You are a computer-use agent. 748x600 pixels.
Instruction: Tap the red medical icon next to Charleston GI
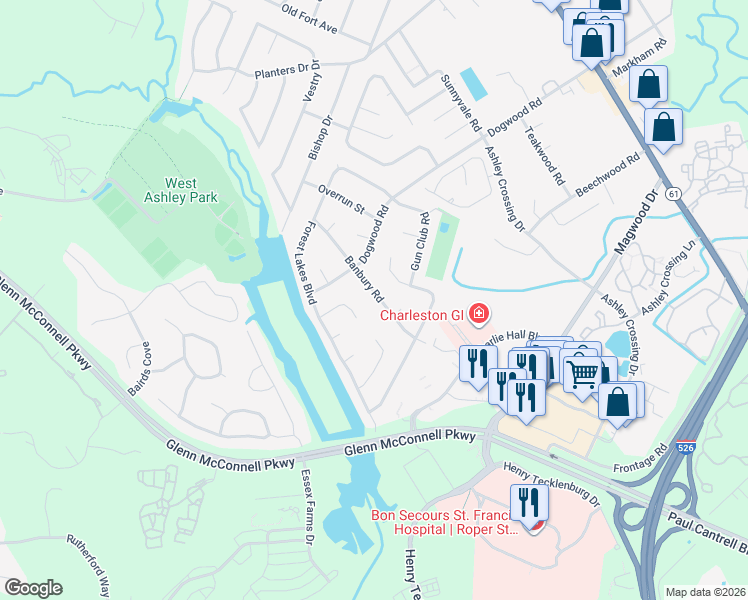(x=479, y=315)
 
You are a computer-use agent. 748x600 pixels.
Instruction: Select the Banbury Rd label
(x=364, y=280)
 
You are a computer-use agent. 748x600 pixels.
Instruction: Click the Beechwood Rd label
(x=606, y=176)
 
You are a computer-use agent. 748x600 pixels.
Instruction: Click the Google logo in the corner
(x=33, y=588)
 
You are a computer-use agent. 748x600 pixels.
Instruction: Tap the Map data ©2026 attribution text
(x=705, y=592)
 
